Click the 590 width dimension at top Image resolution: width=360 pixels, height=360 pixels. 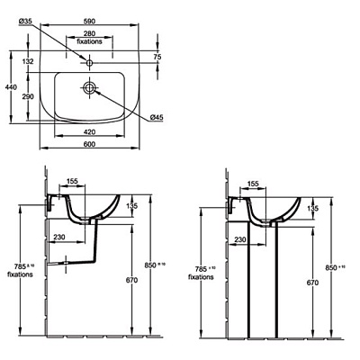pyautogui.click(x=89, y=22)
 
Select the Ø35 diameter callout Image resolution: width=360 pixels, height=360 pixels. pyautogui.click(x=24, y=21)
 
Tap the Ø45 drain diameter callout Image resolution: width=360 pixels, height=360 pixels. pyautogui.click(x=157, y=117)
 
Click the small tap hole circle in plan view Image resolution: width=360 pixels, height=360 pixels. pyautogui.click(x=89, y=63)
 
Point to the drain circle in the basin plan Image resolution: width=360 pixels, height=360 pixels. pyautogui.click(x=89, y=87)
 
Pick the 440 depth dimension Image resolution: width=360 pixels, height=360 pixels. pyautogui.click(x=12, y=87)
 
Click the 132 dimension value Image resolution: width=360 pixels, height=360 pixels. pyautogui.click(x=28, y=61)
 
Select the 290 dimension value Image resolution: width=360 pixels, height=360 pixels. pyautogui.click(x=28, y=96)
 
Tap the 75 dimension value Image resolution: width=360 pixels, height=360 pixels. pyautogui.click(x=157, y=57)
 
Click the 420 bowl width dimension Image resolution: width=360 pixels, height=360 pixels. pyautogui.click(x=89, y=132)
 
